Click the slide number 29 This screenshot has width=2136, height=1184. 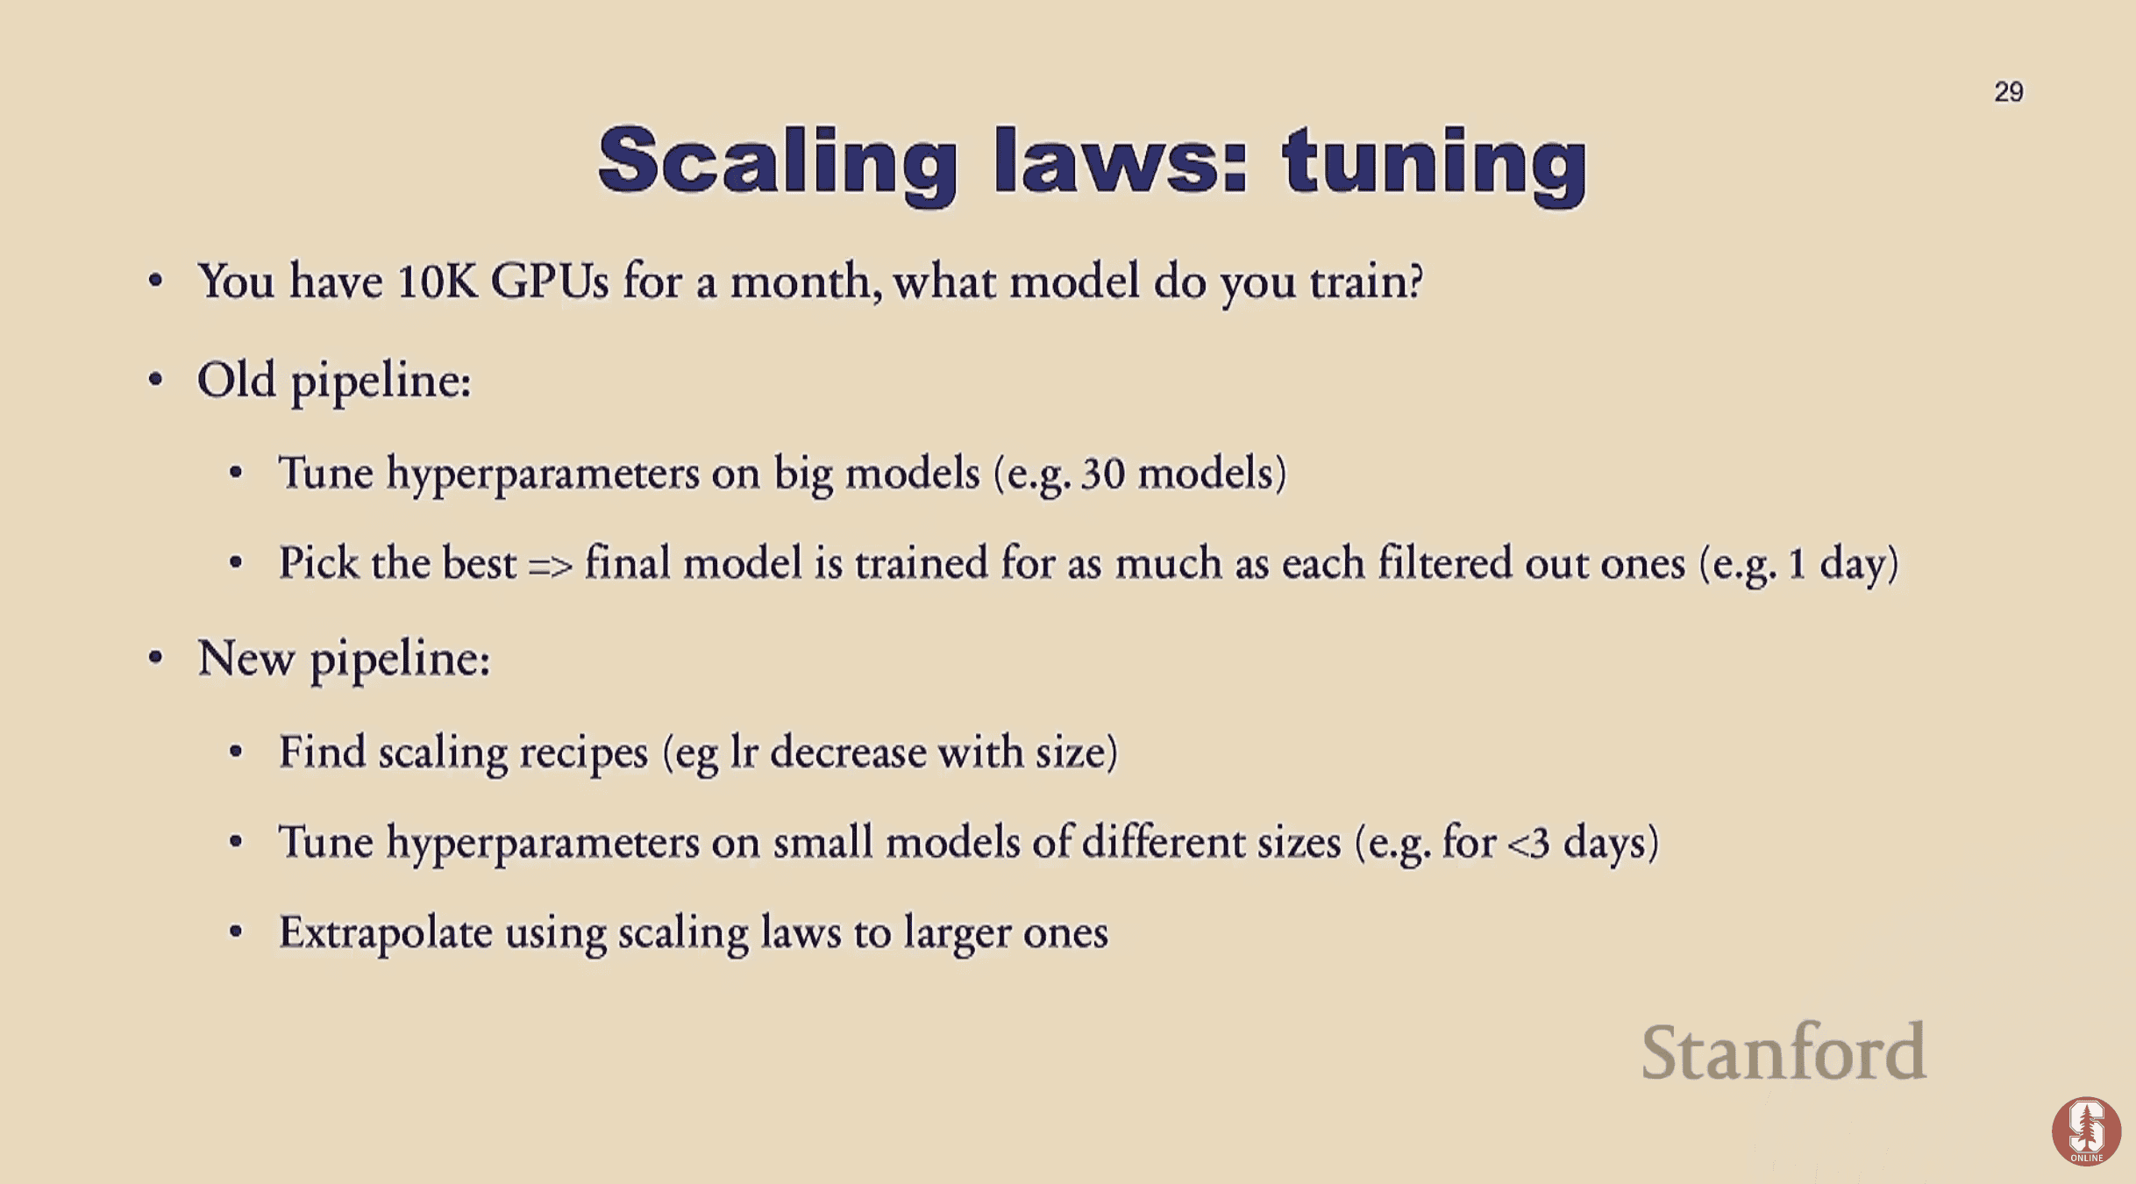pos(2008,92)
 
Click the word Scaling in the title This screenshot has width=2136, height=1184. pos(777,161)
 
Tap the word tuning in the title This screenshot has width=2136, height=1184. pos(1435,161)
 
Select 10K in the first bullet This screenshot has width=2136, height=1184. pos(438,282)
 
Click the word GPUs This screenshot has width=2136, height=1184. pos(549,282)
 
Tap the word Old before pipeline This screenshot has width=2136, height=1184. pos(236,380)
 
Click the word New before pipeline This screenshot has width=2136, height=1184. pos(246,658)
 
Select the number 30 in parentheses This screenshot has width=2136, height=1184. pos(1102,474)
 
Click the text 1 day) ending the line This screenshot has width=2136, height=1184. pos(1842,563)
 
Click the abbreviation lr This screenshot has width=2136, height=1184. pos(744,752)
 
